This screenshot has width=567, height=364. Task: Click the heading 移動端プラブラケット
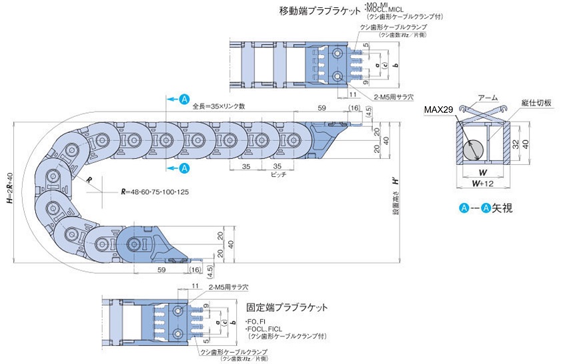(318, 11)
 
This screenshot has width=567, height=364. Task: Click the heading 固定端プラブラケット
(287, 308)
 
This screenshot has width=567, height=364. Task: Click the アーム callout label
(487, 98)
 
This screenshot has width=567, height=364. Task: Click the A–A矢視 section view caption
(490, 208)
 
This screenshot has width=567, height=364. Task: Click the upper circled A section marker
(185, 99)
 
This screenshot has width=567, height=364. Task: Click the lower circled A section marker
(185, 167)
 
